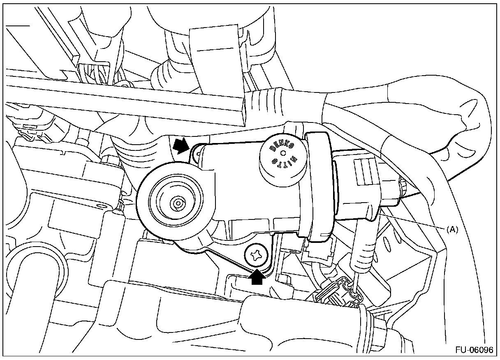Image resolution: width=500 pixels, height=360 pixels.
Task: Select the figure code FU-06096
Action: [474, 351]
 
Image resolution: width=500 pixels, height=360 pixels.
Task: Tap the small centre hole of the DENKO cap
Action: [282, 152]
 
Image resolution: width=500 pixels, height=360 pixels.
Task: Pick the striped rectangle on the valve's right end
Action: [366, 169]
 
